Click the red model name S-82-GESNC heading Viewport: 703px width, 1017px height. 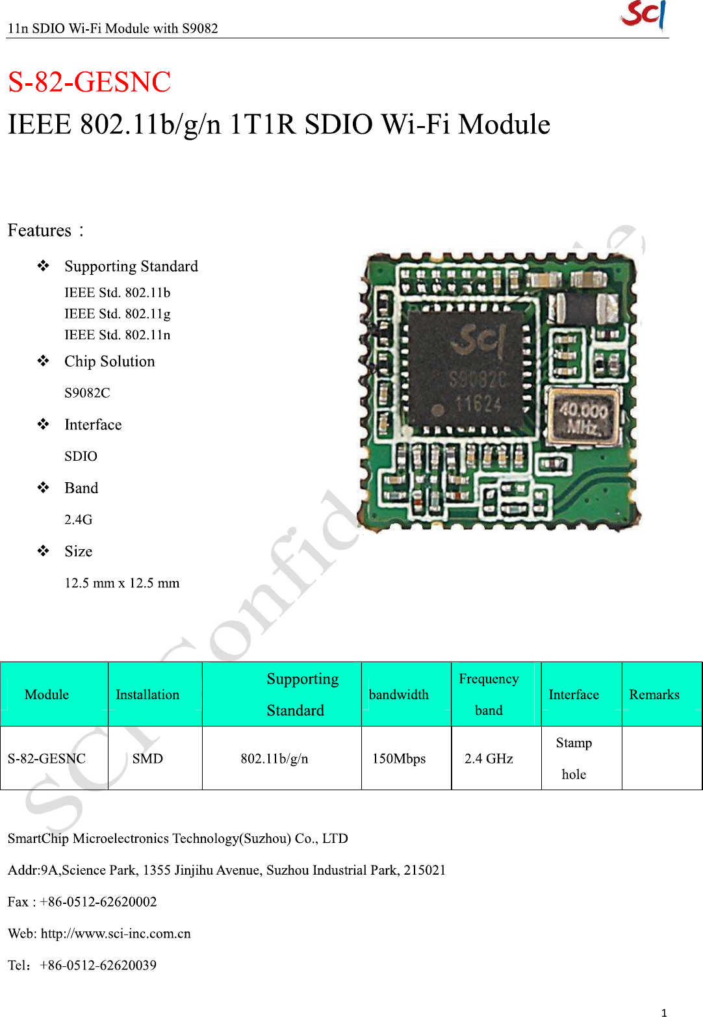tap(89, 83)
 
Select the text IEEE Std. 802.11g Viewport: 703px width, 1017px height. tap(117, 314)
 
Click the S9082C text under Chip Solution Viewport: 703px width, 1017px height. tap(87, 393)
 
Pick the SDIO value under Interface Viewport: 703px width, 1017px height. tap(81, 456)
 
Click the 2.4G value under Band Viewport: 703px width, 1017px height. tap(78, 519)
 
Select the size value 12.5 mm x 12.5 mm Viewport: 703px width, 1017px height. tap(121, 583)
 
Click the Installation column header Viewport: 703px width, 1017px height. tap(147, 695)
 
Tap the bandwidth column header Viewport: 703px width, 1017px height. tap(398, 695)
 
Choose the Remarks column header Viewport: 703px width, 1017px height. tap(654, 695)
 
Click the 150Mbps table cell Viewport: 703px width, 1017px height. tap(398, 758)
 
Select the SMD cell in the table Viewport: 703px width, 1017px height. tap(147, 758)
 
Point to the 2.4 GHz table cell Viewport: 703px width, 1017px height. tap(489, 758)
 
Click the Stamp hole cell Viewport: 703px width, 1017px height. tap(574, 758)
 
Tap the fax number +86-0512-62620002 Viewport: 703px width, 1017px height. tap(98, 902)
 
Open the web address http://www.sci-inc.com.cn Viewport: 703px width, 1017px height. tap(116, 934)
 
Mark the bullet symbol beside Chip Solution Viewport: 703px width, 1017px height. tap(43, 361)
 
